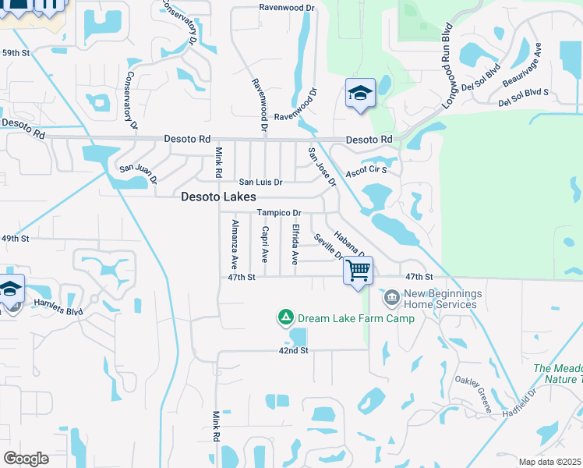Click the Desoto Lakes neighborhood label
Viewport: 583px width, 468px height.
point(218,197)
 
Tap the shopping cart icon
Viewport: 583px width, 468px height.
point(358,271)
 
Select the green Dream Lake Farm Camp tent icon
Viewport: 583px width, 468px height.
point(285,317)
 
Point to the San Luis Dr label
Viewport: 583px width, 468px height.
point(260,182)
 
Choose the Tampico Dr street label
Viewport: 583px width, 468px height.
point(279,213)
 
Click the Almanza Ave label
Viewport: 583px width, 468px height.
point(234,245)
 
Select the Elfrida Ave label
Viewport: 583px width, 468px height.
point(295,244)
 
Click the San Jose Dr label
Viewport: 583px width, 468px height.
point(321,167)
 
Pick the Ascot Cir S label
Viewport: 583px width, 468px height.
point(366,169)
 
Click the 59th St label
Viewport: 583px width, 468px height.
point(15,53)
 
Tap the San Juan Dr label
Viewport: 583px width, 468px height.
point(137,168)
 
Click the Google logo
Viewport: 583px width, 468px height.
point(26,459)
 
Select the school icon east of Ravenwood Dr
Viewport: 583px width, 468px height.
point(360,93)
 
